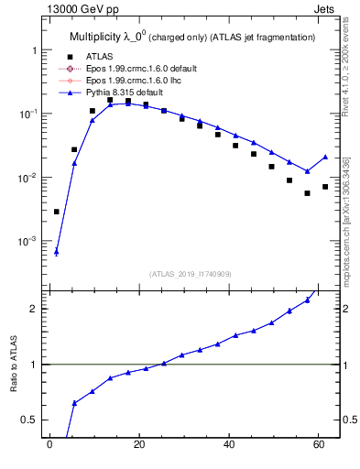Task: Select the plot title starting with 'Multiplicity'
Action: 192,38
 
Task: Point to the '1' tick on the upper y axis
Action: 33,50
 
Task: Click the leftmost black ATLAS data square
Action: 57,212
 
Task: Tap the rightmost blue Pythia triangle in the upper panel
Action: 325,157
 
